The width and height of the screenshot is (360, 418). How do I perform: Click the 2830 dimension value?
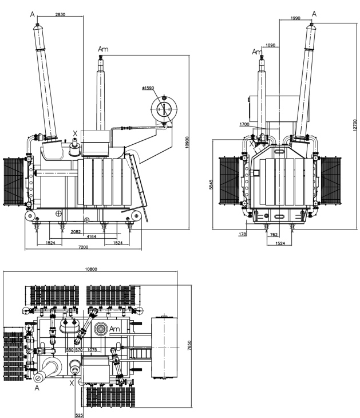click(x=60, y=14)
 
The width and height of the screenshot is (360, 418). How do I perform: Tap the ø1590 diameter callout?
click(x=148, y=88)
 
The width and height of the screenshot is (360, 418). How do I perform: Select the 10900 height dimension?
click(x=187, y=142)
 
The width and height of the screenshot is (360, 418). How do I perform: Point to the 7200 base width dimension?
click(x=83, y=247)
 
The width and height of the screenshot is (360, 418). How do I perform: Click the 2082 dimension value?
click(x=76, y=232)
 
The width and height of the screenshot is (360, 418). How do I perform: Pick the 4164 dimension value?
click(x=92, y=236)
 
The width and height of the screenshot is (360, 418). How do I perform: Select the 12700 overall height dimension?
click(x=354, y=125)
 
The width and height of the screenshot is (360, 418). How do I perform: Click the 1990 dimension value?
click(x=295, y=18)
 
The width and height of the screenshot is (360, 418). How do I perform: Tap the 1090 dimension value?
click(x=271, y=45)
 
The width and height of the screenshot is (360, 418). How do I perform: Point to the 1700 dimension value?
click(x=244, y=124)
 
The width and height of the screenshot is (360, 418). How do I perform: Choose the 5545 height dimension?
click(x=211, y=184)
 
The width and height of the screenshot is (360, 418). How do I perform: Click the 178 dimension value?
click(x=242, y=234)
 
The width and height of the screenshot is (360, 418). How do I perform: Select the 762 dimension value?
click(x=274, y=235)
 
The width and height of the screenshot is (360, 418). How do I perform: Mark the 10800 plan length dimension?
click(x=91, y=269)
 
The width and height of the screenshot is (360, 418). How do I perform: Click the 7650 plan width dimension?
click(x=189, y=345)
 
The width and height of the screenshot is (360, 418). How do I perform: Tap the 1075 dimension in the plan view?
click(x=92, y=349)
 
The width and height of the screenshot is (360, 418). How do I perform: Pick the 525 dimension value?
click(x=79, y=415)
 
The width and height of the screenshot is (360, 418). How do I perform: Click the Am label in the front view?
click(x=103, y=49)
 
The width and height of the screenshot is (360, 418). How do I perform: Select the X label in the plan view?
click(x=72, y=383)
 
